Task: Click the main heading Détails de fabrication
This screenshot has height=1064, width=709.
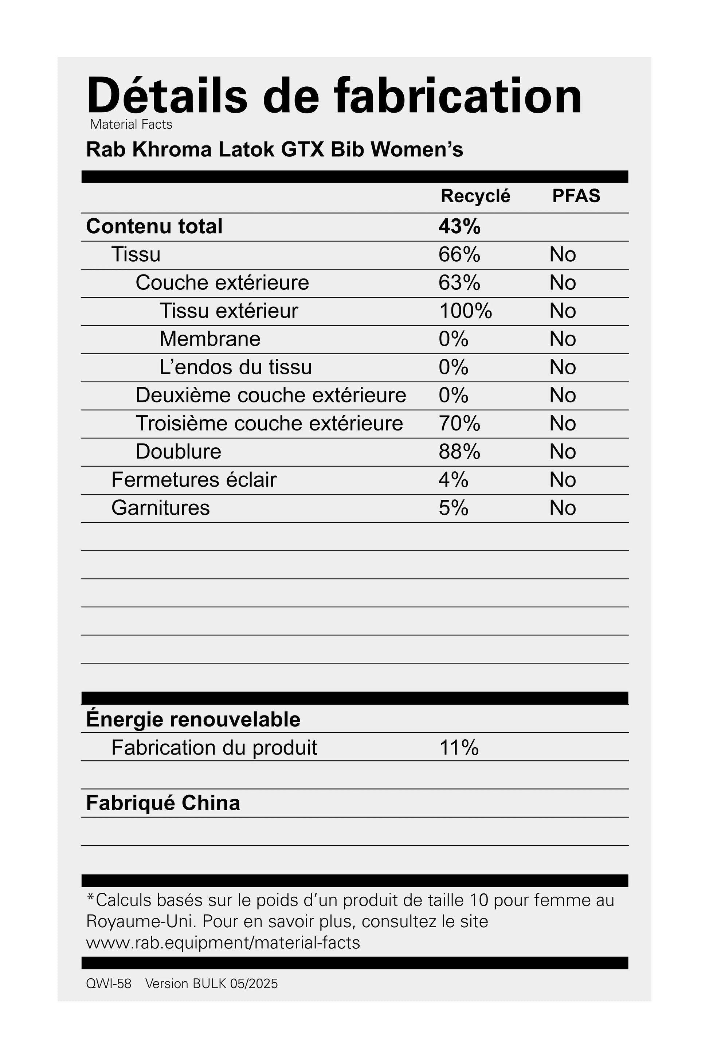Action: click(x=334, y=96)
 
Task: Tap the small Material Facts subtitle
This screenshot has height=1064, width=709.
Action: click(x=131, y=124)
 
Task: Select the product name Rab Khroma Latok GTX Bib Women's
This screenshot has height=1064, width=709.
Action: click(x=274, y=149)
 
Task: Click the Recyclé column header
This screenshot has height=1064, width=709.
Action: click(x=475, y=196)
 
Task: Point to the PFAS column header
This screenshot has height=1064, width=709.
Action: click(x=576, y=196)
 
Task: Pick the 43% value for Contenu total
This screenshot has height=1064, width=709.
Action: click(x=459, y=226)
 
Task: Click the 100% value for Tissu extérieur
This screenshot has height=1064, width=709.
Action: click(x=465, y=311)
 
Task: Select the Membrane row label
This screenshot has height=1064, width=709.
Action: click(x=210, y=339)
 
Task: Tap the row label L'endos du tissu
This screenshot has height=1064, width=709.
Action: click(x=236, y=367)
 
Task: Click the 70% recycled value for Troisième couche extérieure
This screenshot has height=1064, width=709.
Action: click(x=459, y=424)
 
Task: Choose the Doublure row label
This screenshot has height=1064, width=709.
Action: click(x=179, y=452)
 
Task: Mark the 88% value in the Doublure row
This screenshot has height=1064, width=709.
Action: click(x=459, y=452)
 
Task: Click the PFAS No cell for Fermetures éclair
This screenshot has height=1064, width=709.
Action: click(x=563, y=480)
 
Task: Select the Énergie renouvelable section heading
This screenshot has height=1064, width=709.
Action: click(x=193, y=719)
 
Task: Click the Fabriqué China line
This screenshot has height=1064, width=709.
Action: click(x=163, y=803)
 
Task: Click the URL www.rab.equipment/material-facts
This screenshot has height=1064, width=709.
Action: click(x=223, y=943)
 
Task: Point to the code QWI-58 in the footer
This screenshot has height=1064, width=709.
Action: click(x=109, y=984)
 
